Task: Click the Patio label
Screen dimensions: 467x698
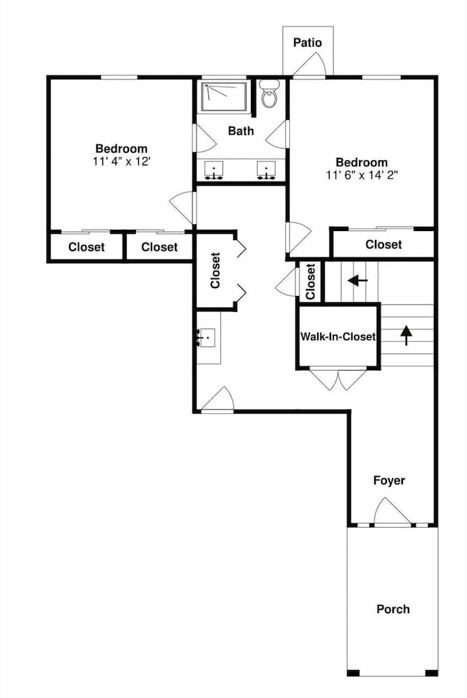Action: pos(307,43)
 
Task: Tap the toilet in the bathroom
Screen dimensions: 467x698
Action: pos(269,94)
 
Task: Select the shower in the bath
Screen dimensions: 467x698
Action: pos(224,96)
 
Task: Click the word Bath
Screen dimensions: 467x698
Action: pos(241,131)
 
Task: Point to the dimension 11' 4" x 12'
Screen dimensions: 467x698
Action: pos(122,161)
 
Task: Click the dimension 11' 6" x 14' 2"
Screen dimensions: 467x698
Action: pos(361,175)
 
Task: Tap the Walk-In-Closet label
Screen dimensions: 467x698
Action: pos(338,336)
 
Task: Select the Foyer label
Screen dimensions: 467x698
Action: pos(389,481)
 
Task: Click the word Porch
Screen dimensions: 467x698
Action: pos(393,609)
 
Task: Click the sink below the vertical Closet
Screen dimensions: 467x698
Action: pos(206,338)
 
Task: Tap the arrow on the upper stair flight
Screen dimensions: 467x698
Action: pos(358,281)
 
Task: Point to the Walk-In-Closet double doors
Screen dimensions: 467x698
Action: pos(339,379)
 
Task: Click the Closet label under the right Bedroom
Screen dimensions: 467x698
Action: pos(383,244)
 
